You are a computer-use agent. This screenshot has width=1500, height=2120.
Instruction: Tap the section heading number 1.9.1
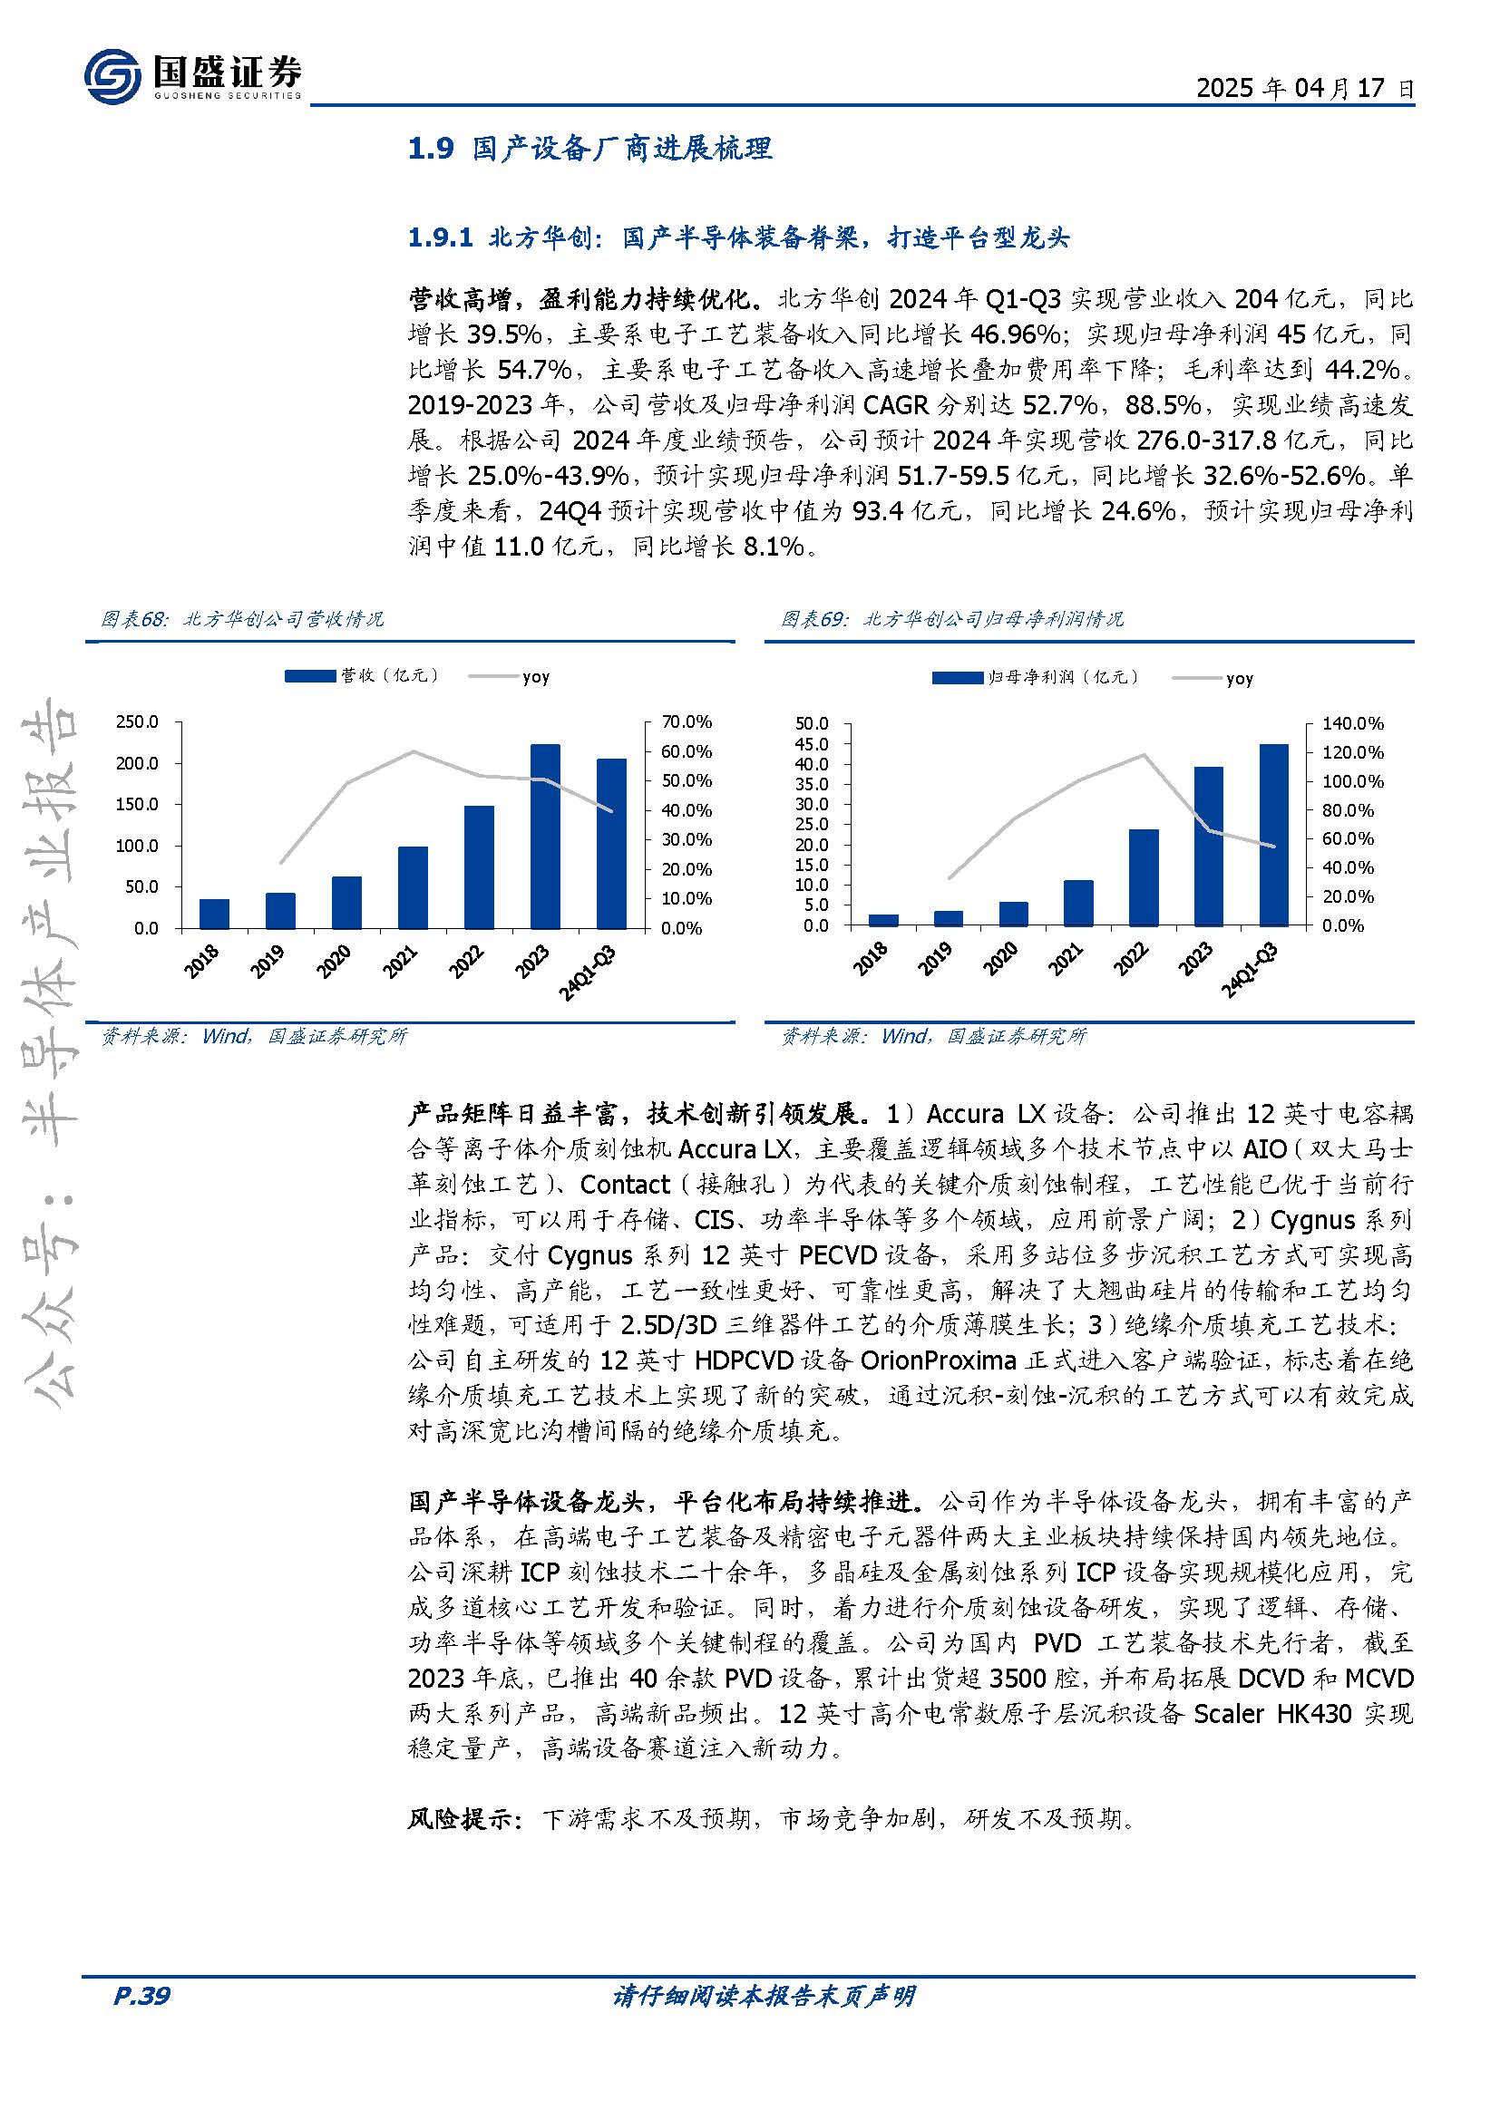point(441,238)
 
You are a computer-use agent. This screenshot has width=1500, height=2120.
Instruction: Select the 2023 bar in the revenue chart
point(545,836)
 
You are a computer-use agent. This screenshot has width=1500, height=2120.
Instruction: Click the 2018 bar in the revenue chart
point(214,914)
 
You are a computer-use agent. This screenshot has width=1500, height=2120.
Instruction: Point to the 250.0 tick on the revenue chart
point(137,721)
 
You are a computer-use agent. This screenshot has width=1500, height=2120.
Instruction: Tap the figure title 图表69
point(813,619)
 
